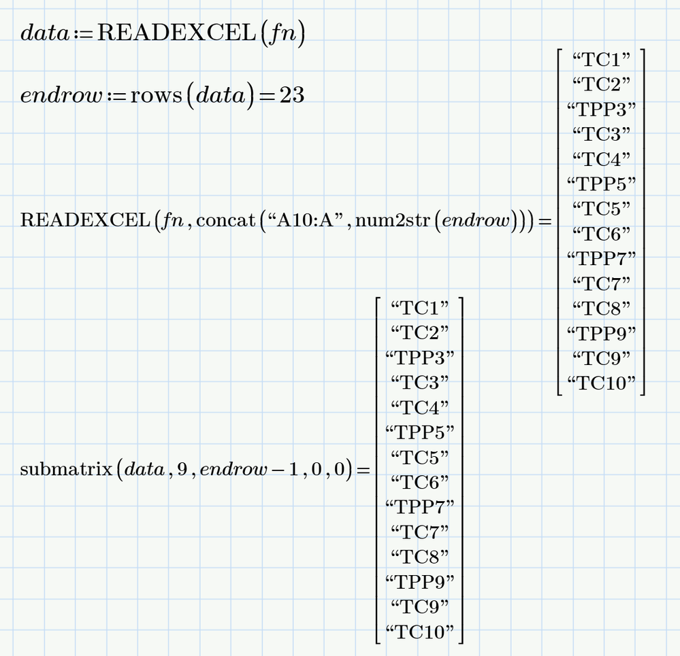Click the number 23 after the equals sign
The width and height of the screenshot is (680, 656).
pyautogui.click(x=291, y=95)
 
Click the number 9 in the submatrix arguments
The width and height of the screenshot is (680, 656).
pyautogui.click(x=182, y=470)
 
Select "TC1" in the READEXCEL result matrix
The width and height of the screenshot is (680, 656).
pyautogui.click(x=601, y=59)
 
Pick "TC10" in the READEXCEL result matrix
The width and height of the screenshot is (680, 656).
pyautogui.click(x=601, y=383)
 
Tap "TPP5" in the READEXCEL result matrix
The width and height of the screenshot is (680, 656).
pyautogui.click(x=601, y=184)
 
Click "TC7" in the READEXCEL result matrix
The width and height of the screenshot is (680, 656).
pyautogui.click(x=601, y=283)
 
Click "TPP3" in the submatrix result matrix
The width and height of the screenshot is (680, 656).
pyautogui.click(x=419, y=357)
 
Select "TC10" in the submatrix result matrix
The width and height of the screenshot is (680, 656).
pyautogui.click(x=419, y=632)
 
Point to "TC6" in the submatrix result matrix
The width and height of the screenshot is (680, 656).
pyautogui.click(x=419, y=482)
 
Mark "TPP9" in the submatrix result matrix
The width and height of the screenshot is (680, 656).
pyautogui.click(x=419, y=582)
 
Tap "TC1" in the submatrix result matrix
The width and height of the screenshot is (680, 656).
pyautogui.click(x=419, y=307)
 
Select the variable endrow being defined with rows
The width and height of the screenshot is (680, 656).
pyautogui.click(x=61, y=95)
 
